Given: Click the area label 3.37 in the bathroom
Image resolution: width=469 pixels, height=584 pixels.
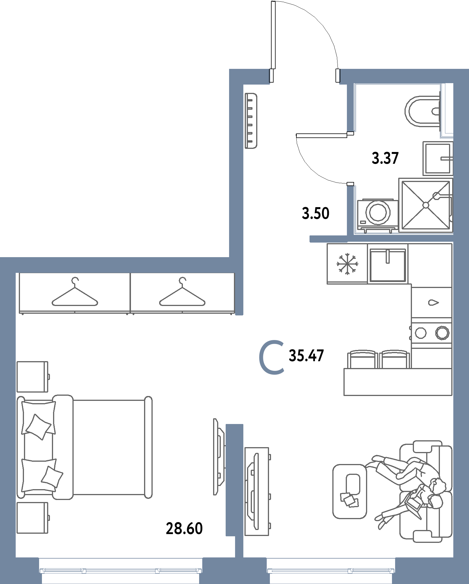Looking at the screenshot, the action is (x=385, y=158).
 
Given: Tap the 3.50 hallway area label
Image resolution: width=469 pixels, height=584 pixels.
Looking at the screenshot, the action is (x=316, y=213).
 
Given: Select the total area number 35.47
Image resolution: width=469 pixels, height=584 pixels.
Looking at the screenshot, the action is (x=306, y=356).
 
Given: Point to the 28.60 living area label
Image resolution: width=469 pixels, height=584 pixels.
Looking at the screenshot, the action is (x=184, y=528).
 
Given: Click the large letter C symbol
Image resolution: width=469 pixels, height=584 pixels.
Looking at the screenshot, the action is (x=272, y=357).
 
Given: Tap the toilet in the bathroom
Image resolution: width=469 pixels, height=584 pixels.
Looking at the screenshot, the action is (x=422, y=111).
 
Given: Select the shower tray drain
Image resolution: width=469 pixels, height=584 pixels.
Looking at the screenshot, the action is (x=426, y=205).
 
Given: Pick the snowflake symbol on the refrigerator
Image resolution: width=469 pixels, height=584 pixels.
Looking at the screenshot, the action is (x=347, y=264).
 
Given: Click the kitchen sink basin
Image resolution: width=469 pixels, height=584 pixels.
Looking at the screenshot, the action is (x=388, y=265).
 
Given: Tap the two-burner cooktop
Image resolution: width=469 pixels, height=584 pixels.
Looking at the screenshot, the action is (x=432, y=333).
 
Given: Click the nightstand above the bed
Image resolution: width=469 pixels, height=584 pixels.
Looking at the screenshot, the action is (x=33, y=377).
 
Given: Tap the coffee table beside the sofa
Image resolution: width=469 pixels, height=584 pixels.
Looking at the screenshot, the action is (x=350, y=491).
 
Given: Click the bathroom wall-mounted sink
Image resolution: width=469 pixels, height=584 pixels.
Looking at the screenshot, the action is (x=438, y=159).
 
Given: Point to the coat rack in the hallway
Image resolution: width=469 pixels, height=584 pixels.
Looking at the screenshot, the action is (x=251, y=121).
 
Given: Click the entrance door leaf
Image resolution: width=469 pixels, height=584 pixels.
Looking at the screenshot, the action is (x=273, y=35).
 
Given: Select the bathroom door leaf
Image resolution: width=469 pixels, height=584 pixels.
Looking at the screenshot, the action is (x=322, y=135).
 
